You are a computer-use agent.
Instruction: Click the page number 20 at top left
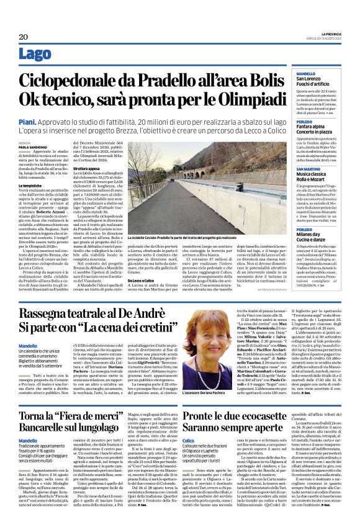(x=24, y=37)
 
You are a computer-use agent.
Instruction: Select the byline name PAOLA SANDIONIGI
(x=32, y=146)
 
